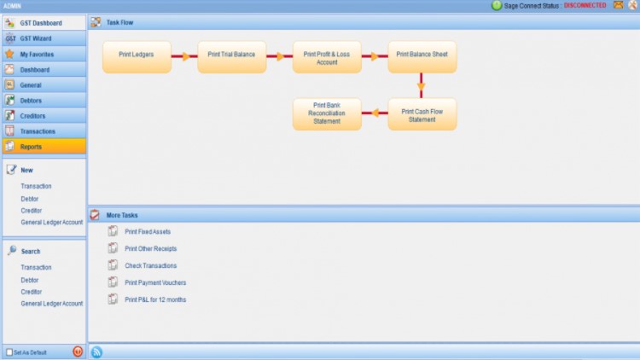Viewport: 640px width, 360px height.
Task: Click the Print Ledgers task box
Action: coord(137,56)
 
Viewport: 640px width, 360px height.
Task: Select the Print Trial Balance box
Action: coord(232,56)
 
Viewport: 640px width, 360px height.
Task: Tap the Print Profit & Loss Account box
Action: coord(327,56)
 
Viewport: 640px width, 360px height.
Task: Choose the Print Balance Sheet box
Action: coord(422,56)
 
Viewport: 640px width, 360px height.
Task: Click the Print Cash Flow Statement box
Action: coord(422,114)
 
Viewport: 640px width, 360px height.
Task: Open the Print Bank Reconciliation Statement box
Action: coord(327,114)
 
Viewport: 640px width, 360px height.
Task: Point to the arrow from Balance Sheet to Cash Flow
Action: coord(421,85)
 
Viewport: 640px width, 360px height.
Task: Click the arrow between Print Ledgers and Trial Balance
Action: coord(184,56)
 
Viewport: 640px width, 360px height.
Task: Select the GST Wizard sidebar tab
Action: coord(44,38)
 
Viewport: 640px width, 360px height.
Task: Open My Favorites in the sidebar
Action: coord(44,54)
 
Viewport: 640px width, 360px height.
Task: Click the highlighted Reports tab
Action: coord(44,147)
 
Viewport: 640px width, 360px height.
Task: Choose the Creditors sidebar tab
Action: coord(44,116)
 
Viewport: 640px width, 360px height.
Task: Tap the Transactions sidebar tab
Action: coord(44,131)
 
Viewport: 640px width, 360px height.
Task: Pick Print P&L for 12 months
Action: coord(155,300)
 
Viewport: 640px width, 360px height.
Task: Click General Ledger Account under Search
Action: coord(52,304)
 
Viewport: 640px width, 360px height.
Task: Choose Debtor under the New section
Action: coord(30,199)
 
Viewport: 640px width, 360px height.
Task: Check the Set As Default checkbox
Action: coord(9,351)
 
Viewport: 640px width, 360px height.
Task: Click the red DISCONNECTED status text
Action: coord(585,5)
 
